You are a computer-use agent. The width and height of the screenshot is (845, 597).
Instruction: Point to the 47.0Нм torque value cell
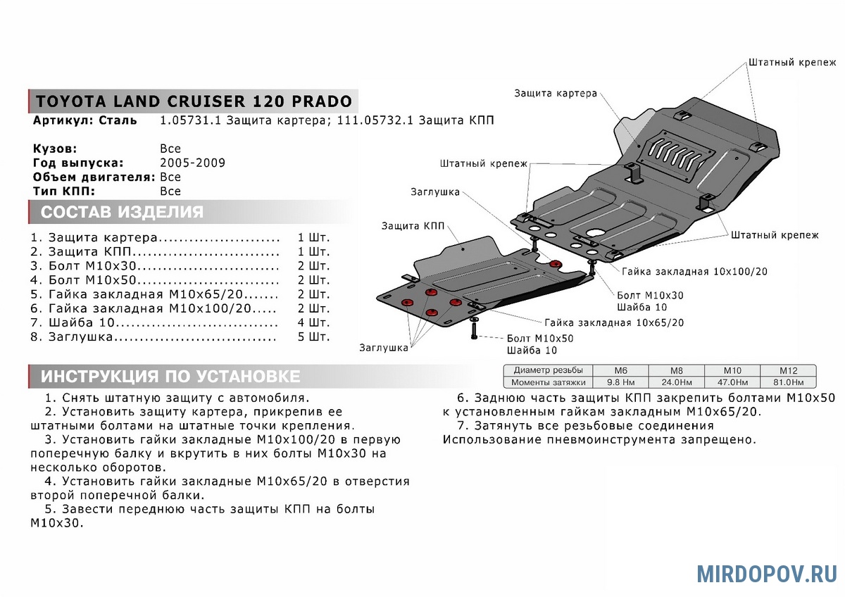[x=732, y=382]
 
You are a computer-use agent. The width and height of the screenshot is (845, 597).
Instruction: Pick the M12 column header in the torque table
[x=788, y=370]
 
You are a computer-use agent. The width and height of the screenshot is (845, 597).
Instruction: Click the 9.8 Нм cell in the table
[x=620, y=382]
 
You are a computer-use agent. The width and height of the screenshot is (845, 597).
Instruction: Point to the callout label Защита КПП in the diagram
[x=413, y=226]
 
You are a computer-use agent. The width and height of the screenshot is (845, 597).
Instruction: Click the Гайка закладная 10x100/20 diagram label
[x=694, y=271]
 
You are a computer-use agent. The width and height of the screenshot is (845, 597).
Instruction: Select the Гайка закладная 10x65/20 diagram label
[x=613, y=322]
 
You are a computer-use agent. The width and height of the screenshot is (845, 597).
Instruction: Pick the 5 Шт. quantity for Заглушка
[x=313, y=337]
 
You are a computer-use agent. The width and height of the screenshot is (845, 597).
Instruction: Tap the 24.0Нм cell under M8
[x=676, y=382]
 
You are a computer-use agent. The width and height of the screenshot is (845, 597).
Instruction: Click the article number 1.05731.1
[x=191, y=120]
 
